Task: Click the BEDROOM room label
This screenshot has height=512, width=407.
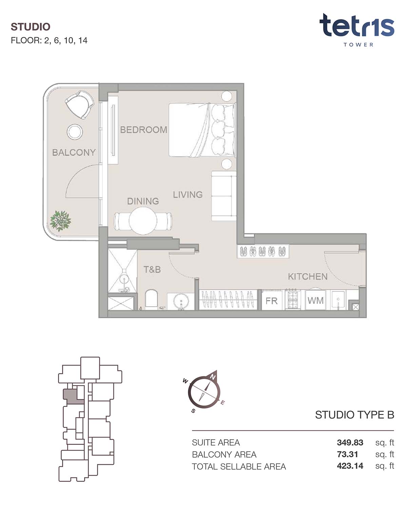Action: coord(143,130)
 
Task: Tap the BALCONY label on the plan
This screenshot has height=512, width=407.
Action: coord(74,152)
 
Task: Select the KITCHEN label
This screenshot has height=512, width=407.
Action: coord(308,277)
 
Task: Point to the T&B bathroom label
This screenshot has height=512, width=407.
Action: coord(152,269)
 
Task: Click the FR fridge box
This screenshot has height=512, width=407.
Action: coord(271,301)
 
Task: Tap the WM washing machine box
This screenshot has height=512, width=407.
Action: coord(315,300)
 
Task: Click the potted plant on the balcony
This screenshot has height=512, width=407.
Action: coord(60,221)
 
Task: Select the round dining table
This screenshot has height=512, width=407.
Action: coord(143,221)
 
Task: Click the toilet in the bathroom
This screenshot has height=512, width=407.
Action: coord(151,299)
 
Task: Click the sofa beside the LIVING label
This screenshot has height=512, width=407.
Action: coord(224,196)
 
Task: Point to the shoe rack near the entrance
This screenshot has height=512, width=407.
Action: coord(263,251)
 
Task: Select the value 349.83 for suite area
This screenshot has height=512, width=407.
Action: coord(350,442)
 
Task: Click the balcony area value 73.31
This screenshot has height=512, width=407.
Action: coord(347,454)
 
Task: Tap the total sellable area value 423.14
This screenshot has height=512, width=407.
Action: coord(350,466)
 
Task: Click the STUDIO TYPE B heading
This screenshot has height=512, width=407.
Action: coord(354,415)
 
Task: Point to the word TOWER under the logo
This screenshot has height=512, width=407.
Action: coord(358,45)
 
